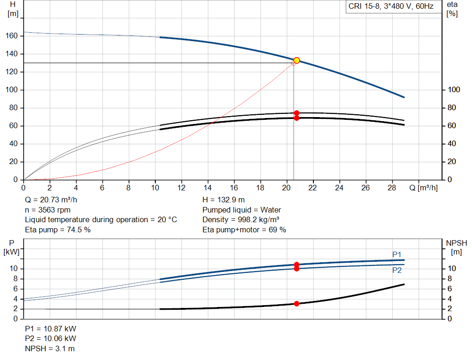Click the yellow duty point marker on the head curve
tap(296, 60)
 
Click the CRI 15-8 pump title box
tap(390, 7)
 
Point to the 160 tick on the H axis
tap(13, 36)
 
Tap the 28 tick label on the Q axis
tap(392, 188)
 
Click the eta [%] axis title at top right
tap(452, 8)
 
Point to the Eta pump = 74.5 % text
tap(58, 230)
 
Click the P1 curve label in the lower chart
tap(397, 254)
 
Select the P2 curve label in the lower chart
tap(397, 270)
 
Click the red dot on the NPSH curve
tap(296, 303)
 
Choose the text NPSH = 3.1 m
tap(50, 348)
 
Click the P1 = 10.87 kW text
tap(51, 329)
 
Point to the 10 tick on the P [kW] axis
tap(13, 269)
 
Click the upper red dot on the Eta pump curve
tap(296, 113)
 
